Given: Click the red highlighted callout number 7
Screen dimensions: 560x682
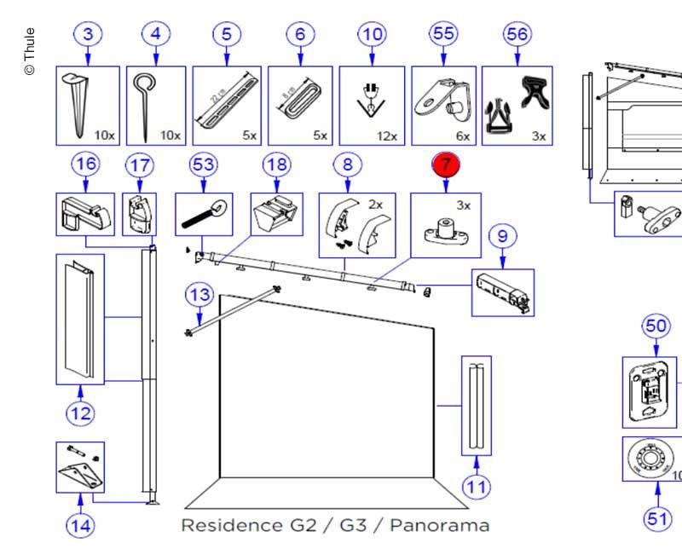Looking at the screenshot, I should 445,164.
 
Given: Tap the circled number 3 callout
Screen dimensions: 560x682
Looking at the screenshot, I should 88,35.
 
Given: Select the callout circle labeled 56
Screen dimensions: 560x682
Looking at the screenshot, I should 517,35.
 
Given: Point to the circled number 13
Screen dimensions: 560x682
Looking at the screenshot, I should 199,296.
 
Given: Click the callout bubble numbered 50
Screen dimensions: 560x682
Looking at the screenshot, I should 656,326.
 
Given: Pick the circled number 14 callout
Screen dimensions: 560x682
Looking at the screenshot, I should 80,525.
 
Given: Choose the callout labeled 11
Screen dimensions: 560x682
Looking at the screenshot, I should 477,487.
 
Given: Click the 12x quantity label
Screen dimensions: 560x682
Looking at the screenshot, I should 386,136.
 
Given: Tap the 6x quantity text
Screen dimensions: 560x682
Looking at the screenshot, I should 463,136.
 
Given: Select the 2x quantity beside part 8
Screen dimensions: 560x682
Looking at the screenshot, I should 375,205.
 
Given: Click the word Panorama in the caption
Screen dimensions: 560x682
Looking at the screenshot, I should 442,524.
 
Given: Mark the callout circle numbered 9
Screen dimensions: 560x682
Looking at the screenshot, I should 503,234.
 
